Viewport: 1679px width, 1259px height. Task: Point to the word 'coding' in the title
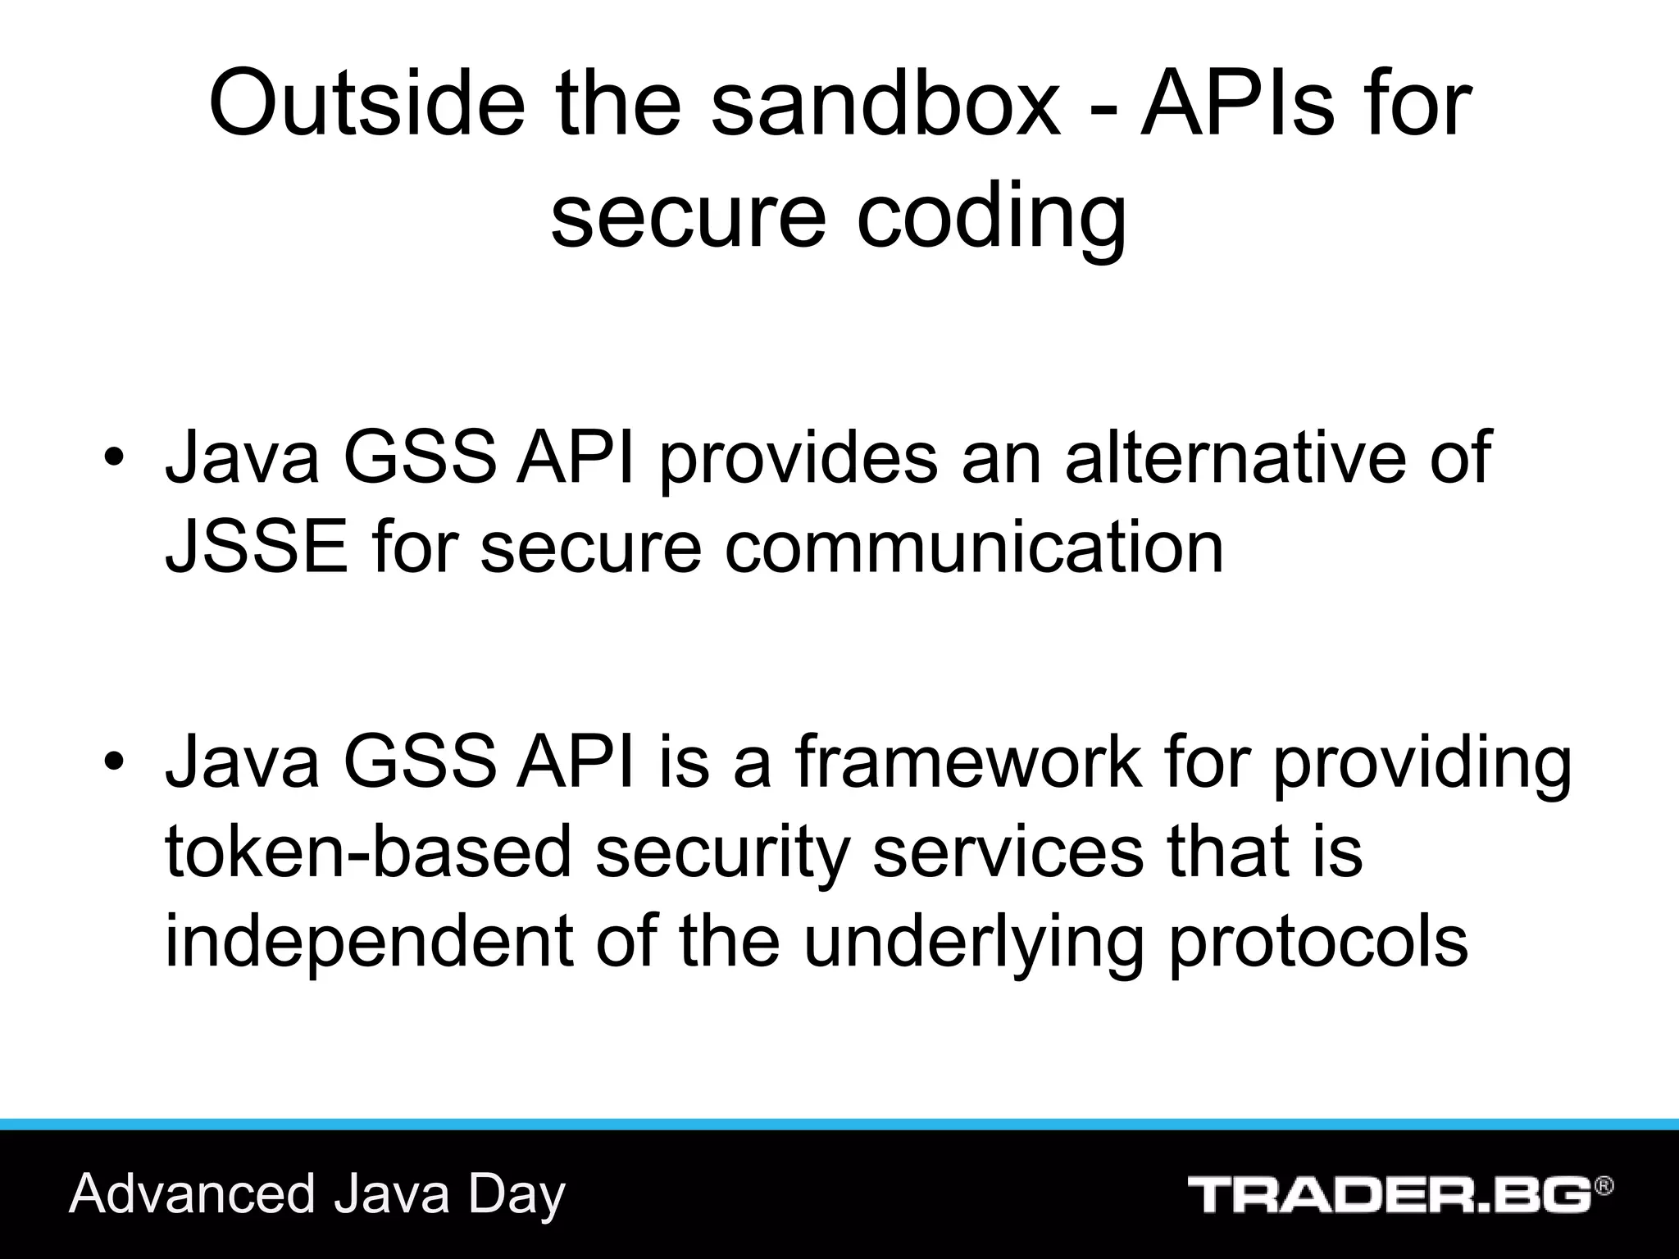click(991, 216)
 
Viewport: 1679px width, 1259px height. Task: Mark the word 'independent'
click(369, 941)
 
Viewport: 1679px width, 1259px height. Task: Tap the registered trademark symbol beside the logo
click(1604, 1186)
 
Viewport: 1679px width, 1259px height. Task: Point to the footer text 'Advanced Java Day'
click(317, 1193)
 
